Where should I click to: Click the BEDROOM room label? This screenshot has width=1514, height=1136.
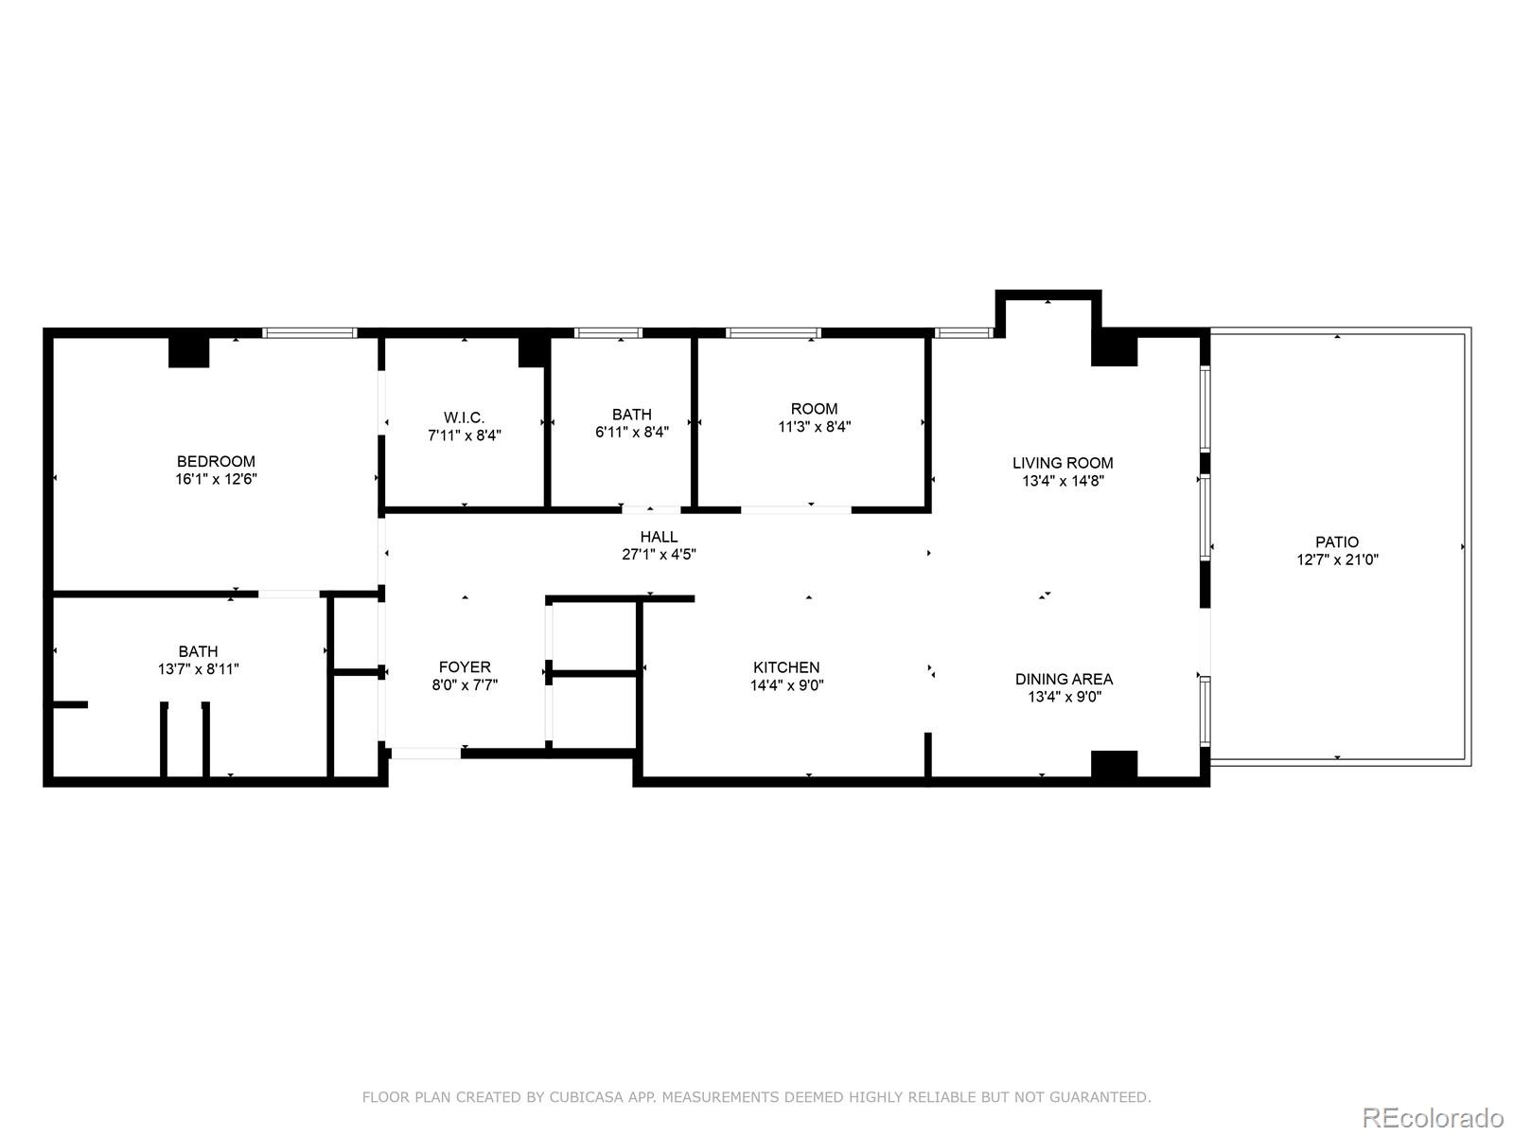click(216, 461)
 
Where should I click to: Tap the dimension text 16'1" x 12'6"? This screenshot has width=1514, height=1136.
click(216, 479)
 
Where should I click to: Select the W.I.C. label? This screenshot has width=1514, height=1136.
click(464, 417)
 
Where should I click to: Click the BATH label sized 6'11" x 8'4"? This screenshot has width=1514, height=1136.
click(631, 414)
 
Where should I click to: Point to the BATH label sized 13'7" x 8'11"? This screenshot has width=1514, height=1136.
click(198, 651)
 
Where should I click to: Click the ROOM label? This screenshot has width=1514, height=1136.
click(814, 409)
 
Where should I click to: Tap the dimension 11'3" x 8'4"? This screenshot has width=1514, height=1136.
click(814, 427)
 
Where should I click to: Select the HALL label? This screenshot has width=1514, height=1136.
click(659, 537)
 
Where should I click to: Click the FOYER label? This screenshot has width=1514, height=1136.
click(465, 666)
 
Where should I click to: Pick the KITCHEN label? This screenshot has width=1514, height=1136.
click(786, 667)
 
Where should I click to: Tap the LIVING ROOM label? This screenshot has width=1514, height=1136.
click(1063, 463)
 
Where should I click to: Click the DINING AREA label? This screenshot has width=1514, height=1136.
click(1064, 679)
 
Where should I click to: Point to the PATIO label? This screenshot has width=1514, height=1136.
click(1337, 541)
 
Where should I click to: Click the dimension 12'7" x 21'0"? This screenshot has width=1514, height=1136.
click(1337, 559)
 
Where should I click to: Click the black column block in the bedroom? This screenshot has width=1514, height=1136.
click(188, 351)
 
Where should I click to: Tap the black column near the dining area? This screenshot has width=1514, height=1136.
click(1114, 764)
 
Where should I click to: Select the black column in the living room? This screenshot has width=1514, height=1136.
click(1114, 347)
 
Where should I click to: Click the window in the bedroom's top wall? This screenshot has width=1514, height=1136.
click(309, 332)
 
